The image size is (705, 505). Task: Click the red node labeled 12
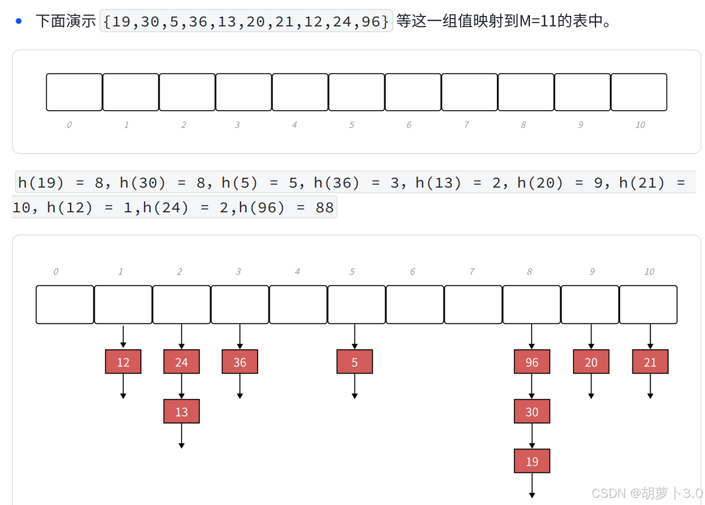tap(123, 362)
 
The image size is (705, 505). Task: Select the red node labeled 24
tap(182, 362)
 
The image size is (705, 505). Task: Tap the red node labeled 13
tap(182, 411)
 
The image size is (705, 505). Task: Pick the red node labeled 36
tap(240, 362)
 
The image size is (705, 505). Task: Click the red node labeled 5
tap(354, 362)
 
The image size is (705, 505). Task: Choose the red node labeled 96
tap(532, 362)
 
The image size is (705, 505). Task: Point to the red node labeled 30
tap(532, 411)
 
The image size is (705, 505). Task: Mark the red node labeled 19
tap(532, 461)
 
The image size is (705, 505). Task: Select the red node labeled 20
tap(591, 362)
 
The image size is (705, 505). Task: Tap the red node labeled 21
tap(650, 362)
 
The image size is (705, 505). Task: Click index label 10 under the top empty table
tap(640, 125)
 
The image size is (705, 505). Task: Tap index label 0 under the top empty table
tap(69, 125)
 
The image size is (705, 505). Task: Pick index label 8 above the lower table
tap(529, 272)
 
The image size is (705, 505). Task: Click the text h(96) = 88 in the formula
tap(286, 208)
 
